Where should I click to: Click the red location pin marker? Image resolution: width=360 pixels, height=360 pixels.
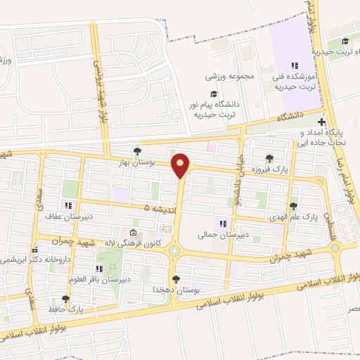tap(181, 166)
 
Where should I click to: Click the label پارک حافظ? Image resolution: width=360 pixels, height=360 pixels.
tap(65, 309)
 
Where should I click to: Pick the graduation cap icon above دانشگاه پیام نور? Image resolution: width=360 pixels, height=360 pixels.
tap(213, 94)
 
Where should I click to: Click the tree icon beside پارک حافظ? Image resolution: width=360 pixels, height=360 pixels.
tap(65, 299)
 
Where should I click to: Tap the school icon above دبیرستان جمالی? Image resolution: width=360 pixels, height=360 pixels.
tap(223, 224)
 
